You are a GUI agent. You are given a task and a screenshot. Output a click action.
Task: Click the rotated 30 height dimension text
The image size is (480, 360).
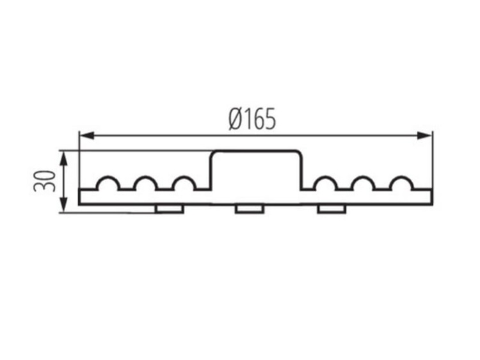(x=44, y=181)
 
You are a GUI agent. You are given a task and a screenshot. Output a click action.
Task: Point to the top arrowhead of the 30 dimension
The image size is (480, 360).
(x=63, y=156)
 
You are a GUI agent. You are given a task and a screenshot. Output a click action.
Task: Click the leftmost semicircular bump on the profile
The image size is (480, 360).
(x=108, y=184)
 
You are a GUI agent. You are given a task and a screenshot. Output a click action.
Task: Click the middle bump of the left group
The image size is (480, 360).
(x=146, y=184)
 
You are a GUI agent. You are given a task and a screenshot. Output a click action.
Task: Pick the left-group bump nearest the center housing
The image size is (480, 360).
(x=184, y=184)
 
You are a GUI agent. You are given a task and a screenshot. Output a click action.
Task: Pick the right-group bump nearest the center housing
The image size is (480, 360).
(x=325, y=184)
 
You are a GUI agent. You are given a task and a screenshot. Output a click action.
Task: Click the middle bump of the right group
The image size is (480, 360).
(x=364, y=184)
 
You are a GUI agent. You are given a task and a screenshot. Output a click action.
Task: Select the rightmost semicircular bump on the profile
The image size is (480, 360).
(x=401, y=184)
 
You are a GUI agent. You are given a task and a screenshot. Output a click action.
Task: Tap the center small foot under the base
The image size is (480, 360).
(x=249, y=209)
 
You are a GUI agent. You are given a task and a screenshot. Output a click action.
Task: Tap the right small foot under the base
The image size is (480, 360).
(x=331, y=209)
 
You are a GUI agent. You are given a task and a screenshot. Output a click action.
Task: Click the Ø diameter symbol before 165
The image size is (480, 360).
(x=234, y=119)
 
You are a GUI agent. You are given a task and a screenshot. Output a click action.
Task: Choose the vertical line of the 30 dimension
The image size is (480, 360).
(x=63, y=181)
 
